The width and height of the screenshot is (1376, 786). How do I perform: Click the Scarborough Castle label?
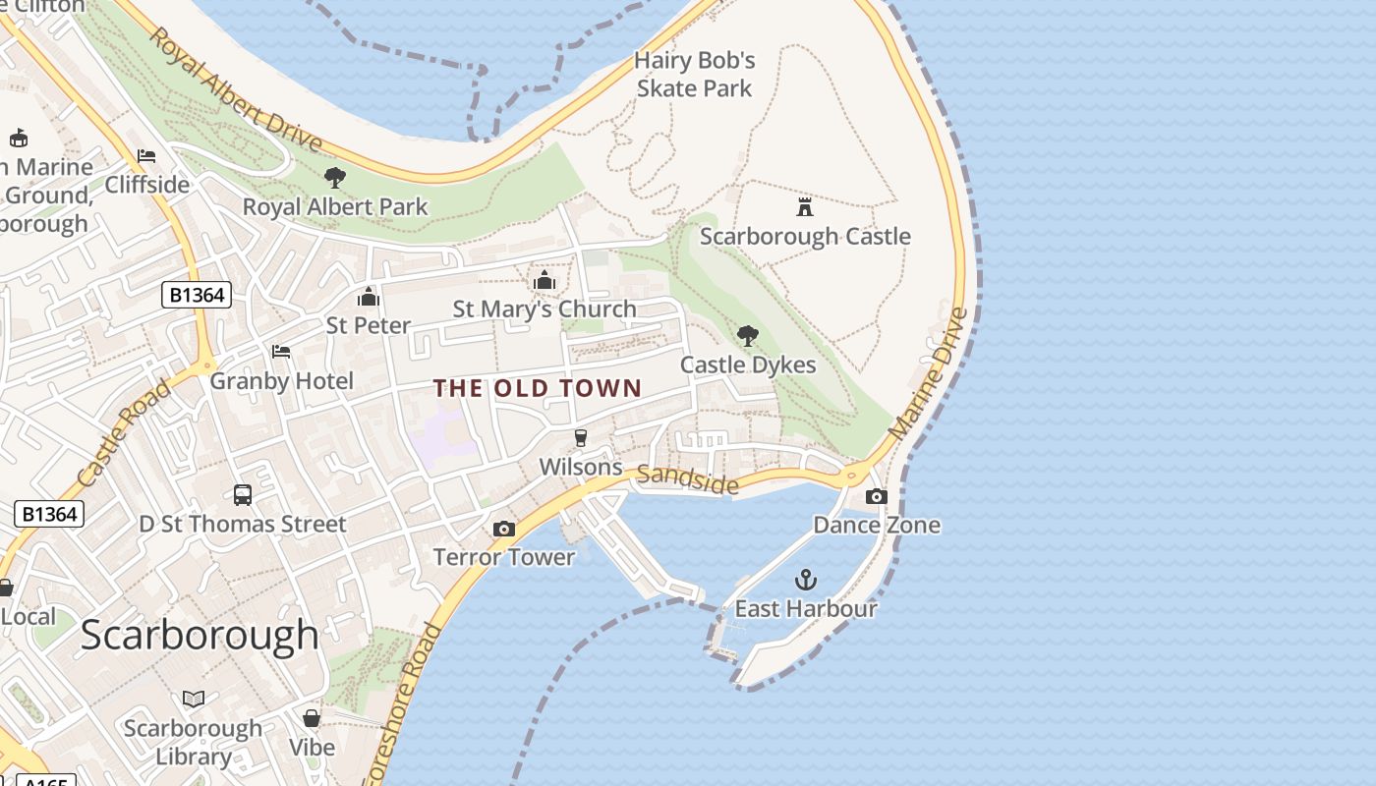(805, 237)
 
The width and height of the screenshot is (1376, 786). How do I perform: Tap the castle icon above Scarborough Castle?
(805, 206)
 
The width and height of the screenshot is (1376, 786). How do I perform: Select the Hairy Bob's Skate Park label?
(695, 75)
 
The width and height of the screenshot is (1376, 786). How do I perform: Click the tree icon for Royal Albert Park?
(335, 178)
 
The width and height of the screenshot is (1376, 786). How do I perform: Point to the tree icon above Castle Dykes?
(748, 336)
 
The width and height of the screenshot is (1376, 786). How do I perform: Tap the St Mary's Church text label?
(545, 309)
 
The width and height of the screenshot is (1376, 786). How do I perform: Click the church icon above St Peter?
(369, 296)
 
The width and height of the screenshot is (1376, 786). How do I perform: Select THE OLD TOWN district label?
(538, 389)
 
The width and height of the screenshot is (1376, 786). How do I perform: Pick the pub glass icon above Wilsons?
(581, 438)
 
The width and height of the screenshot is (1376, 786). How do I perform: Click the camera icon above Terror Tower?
(503, 530)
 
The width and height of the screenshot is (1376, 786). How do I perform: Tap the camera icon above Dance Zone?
(877, 497)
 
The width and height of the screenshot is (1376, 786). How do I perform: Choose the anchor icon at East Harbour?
(806, 580)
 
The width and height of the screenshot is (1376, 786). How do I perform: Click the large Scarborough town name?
(200, 636)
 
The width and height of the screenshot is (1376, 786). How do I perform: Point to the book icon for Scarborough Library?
(194, 699)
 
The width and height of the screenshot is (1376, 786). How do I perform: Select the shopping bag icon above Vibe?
(312, 718)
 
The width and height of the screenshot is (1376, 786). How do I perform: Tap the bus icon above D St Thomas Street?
(243, 495)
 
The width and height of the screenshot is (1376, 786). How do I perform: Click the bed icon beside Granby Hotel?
(281, 352)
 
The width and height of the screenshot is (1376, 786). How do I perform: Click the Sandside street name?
(687, 479)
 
